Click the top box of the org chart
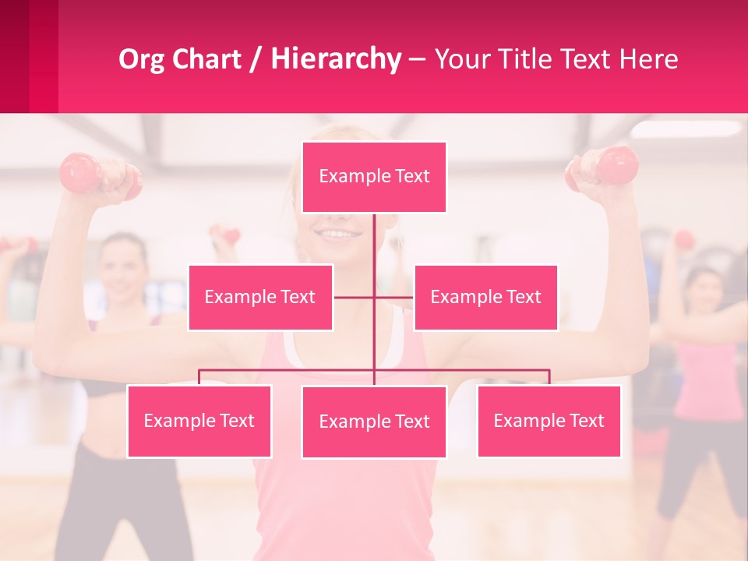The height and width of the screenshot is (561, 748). coord(374,177)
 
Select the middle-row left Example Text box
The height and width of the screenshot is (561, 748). coord(260,297)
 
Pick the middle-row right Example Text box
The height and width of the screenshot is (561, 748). coord(485,297)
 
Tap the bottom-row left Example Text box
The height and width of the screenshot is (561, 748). coord(199,421)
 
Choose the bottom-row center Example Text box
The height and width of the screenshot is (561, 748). coord(374,422)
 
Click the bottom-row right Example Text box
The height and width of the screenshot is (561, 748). coord(549,421)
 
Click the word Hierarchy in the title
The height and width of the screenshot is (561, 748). coord(336,59)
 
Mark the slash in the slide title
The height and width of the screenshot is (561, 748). coord(256,60)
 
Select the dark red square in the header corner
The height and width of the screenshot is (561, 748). coord(14,56)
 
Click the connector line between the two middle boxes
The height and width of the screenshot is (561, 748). coord(374,297)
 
